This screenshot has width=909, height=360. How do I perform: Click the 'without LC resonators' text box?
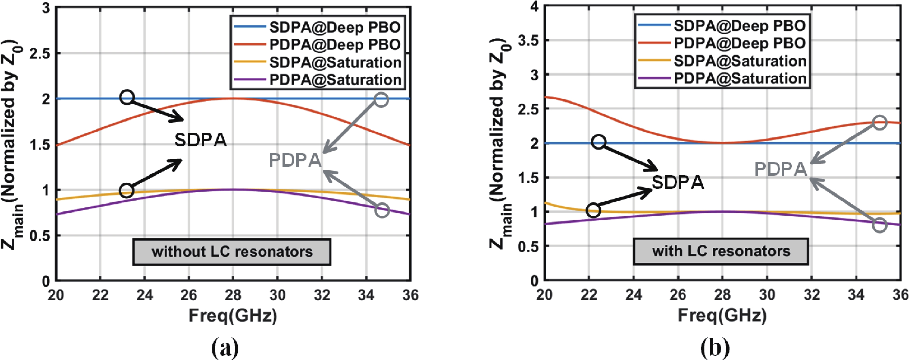click(x=232, y=252)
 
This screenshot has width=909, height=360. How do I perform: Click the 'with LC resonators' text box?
click(x=721, y=251)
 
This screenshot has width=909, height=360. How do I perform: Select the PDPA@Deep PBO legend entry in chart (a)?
click(x=334, y=44)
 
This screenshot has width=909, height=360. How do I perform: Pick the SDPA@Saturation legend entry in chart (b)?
click(x=740, y=61)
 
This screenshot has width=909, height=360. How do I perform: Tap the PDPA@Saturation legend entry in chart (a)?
click(x=335, y=79)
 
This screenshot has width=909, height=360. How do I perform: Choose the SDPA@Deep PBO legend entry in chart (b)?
click(x=739, y=25)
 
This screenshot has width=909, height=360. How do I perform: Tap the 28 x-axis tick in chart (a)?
click(x=233, y=295)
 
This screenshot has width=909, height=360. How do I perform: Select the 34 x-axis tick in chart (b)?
click(x=856, y=295)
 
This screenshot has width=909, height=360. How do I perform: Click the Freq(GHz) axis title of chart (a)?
click(x=233, y=315)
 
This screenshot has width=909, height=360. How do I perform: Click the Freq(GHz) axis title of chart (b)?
click(x=722, y=315)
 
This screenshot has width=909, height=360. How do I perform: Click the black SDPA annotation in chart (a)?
click(x=201, y=140)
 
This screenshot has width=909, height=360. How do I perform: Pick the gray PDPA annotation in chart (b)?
click(x=781, y=169)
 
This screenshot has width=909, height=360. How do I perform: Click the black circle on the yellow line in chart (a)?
click(x=127, y=191)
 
